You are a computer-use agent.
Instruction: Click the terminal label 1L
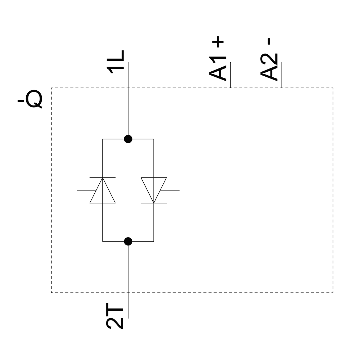pyautogui.click(x=116, y=62)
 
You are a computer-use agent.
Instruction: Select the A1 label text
pyautogui.click(x=218, y=68)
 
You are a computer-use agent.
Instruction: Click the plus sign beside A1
pyautogui.click(x=218, y=42)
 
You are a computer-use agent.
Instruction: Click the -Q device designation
pyautogui.click(x=30, y=100)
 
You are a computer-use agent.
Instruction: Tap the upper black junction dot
pyautogui.click(x=128, y=139)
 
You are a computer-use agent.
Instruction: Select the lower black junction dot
pyautogui.click(x=128, y=241)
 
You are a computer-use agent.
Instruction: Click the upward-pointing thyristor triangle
pyautogui.click(x=103, y=192)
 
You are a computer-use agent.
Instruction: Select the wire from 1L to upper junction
pyautogui.click(x=128, y=108)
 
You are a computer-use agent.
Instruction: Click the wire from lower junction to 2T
pyautogui.click(x=128, y=274)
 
